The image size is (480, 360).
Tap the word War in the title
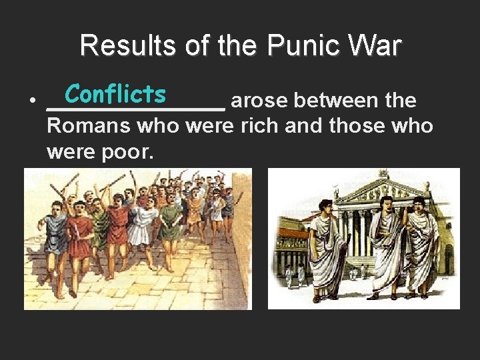click(x=377, y=47)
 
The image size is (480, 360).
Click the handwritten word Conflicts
click(x=115, y=94)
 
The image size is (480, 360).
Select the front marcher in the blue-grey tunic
click(x=55, y=237)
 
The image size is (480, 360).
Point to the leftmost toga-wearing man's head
click(x=326, y=206)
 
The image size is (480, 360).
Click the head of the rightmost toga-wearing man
click(x=419, y=203)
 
